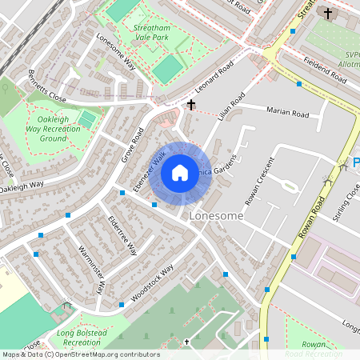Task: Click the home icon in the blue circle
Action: pos(180,172)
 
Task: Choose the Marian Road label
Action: pos(288,114)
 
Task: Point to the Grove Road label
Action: pos(133,143)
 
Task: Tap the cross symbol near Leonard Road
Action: pos(191,105)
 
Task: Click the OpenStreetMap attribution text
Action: pos(80,354)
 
